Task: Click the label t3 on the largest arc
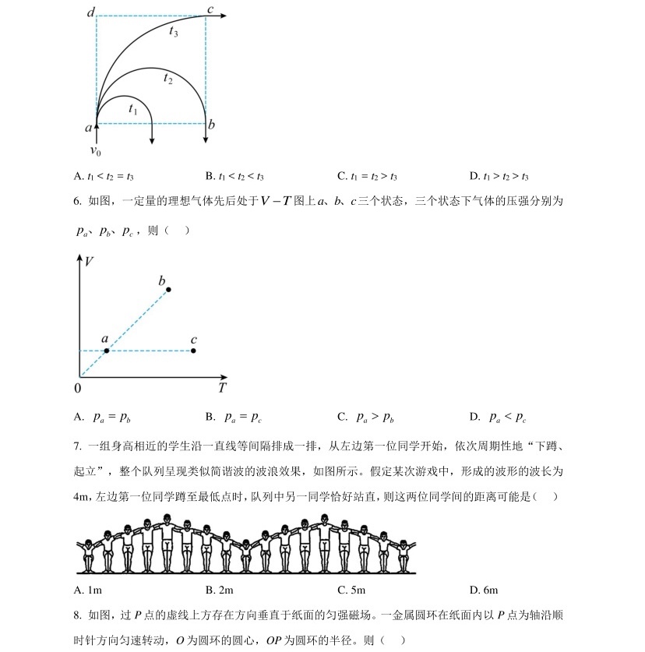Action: (x=173, y=32)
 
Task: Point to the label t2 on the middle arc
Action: (x=167, y=77)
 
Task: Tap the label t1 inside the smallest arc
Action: (x=133, y=110)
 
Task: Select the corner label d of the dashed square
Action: (x=91, y=12)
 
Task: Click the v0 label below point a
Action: (x=95, y=151)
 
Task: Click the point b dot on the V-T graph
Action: (x=168, y=290)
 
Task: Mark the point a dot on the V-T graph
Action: (x=107, y=351)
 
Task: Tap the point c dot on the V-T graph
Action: (x=193, y=351)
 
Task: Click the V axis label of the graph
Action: (x=90, y=262)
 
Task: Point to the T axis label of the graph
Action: (x=222, y=387)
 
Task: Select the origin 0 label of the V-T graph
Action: (x=78, y=387)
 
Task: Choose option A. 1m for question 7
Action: (x=89, y=590)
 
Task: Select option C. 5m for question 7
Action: (x=351, y=590)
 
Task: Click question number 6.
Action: (x=77, y=201)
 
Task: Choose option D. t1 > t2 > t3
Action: (x=509, y=176)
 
